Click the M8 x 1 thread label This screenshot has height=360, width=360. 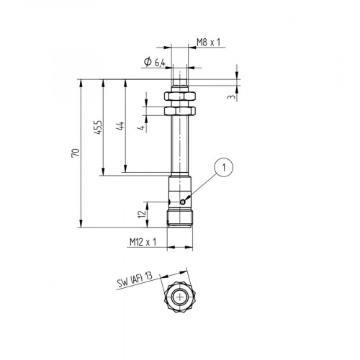click(209, 43)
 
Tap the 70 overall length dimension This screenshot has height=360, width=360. click(84, 153)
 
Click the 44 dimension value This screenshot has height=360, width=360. click(120, 126)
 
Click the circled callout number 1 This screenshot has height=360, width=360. click(225, 168)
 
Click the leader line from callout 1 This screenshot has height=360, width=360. click(203, 186)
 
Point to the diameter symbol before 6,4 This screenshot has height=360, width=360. click(146, 63)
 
